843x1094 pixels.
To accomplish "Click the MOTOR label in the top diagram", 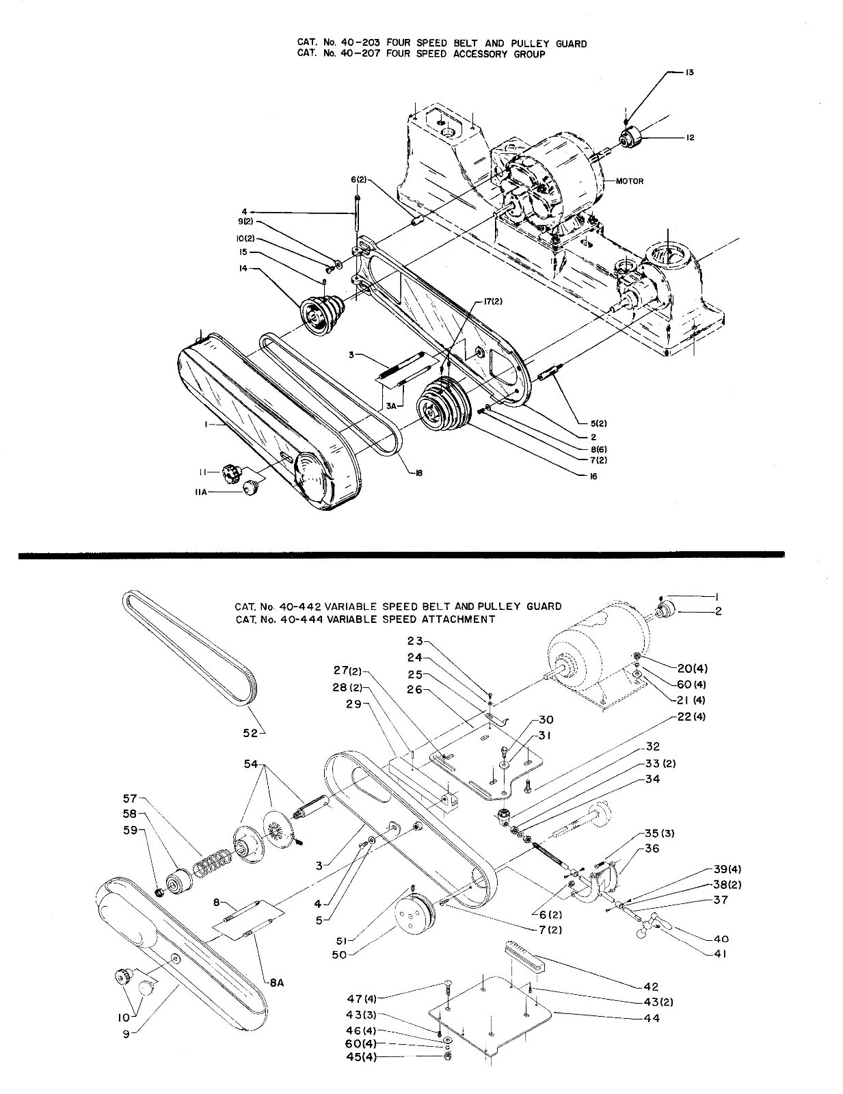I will pos(629,181).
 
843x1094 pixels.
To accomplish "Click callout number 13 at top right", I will pos(689,72).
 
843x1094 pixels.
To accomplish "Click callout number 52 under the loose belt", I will pos(250,733).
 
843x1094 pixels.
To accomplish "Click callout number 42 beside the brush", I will pos(651,986).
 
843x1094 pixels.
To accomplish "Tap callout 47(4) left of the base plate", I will pos(382,999).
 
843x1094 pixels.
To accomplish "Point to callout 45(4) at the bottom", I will pos(382,1057).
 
